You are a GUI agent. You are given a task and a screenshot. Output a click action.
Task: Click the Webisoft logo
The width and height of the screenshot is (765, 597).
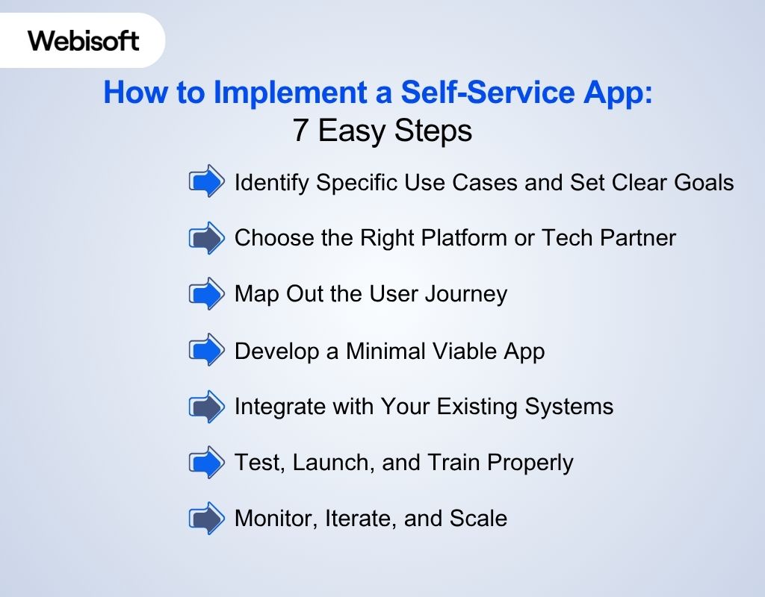point(84,40)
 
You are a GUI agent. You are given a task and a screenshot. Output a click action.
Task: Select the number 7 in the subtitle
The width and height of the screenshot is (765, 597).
point(300,131)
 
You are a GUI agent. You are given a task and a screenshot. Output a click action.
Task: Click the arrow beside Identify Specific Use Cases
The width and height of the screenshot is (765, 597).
point(206,181)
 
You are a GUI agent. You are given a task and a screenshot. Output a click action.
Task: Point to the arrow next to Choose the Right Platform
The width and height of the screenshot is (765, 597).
point(206,238)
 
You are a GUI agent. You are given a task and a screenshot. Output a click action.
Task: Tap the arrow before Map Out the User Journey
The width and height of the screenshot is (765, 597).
point(206,294)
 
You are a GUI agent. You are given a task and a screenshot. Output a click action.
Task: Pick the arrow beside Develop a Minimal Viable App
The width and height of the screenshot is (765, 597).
point(206,350)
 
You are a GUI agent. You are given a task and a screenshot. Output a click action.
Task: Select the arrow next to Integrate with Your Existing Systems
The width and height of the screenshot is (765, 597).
point(206,407)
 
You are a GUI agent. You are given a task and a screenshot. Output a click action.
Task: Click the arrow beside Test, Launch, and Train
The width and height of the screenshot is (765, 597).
point(206,463)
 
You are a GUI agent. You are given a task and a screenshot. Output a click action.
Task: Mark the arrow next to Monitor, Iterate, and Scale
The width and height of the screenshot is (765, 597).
point(206,519)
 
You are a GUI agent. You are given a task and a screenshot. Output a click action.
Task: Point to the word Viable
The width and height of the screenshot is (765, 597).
point(462,350)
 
